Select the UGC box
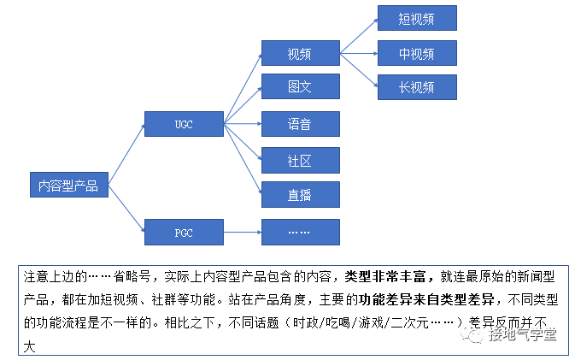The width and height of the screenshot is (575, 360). click(184, 124)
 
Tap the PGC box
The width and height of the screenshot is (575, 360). click(184, 232)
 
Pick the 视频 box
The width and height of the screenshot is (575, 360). click(300, 53)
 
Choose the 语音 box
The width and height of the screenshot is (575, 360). click(300, 124)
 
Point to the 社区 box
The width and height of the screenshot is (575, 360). click(300, 160)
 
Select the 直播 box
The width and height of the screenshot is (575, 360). click(300, 195)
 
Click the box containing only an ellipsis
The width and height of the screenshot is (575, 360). click(300, 232)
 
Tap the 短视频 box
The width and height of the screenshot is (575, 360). click(417, 18)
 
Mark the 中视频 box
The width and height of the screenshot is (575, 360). click(417, 53)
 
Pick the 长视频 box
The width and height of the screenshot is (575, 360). click(417, 86)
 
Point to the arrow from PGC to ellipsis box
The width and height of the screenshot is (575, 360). click(242, 232)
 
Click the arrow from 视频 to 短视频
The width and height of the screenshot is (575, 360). click(358, 36)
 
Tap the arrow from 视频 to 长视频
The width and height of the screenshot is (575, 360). click(358, 69)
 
